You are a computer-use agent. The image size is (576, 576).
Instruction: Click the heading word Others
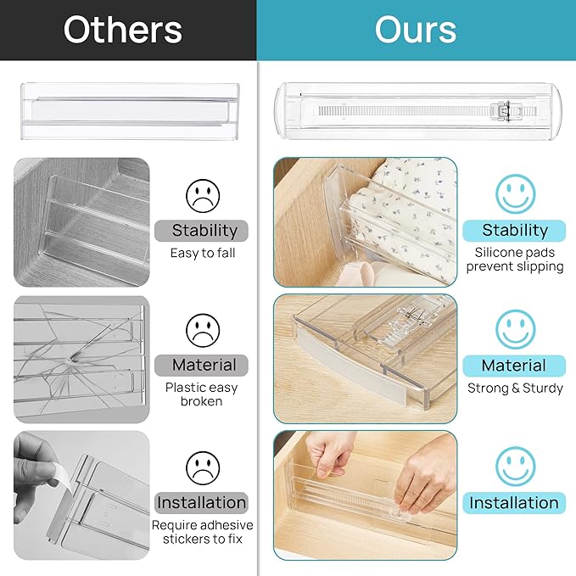123,30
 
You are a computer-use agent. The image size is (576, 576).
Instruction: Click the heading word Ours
416,30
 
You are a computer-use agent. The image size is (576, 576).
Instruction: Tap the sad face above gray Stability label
203,196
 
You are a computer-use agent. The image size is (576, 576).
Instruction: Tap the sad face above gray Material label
203,331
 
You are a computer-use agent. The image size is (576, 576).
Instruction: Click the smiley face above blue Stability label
515,194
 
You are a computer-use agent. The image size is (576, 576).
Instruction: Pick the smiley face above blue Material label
515,329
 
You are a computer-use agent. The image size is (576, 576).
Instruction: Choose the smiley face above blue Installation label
515,466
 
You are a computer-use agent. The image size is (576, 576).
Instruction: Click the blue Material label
514,366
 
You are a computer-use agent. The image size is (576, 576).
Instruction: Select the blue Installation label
514,502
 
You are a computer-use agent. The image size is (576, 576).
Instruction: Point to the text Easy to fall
204,253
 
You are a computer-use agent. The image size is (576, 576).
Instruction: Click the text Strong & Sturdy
515,389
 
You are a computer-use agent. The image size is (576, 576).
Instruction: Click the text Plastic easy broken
202,394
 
